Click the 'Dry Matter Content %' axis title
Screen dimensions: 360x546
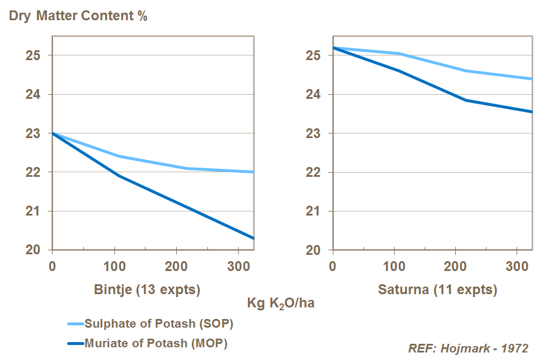pos(78,16)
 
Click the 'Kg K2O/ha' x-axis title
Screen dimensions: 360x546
pos(281,303)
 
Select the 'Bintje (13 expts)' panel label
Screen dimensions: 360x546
pos(147,290)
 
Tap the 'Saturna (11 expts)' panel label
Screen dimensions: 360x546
pos(437,290)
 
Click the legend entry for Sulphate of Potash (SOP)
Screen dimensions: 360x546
pos(158,323)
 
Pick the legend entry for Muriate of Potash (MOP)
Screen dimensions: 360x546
pos(156,343)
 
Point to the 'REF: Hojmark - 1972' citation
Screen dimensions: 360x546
pos(468,348)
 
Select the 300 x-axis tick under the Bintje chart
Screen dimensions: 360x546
pos(237,268)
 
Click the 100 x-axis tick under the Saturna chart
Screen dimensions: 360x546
pos(393,268)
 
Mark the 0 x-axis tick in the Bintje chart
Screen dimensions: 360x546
pos(52,268)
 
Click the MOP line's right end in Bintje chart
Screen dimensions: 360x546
pos(253,238)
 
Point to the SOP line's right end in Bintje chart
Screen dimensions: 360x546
pos(253,172)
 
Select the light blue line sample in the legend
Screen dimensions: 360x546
pos(75,324)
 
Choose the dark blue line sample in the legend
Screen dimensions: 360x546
pos(75,343)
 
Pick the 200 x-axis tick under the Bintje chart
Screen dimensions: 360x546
pos(176,268)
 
